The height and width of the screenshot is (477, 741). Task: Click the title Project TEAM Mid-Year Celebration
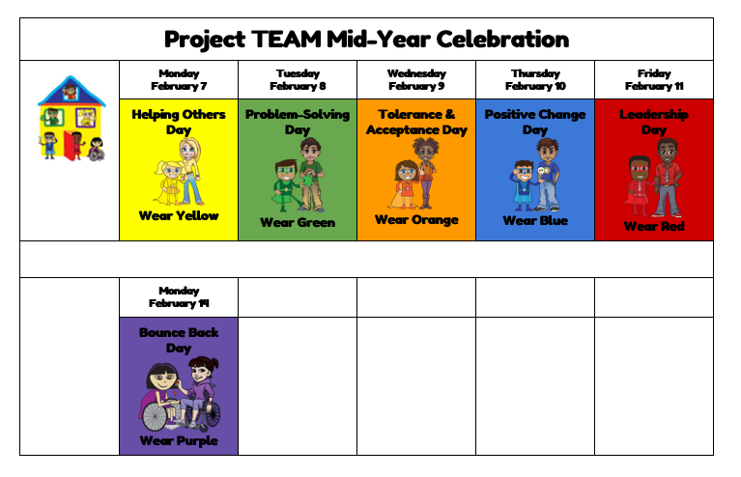point(366,40)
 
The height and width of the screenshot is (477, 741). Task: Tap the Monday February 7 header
point(179,80)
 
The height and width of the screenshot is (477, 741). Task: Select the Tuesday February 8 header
point(298,80)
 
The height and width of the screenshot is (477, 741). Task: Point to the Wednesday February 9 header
point(416,80)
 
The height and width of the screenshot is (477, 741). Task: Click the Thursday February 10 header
point(535,80)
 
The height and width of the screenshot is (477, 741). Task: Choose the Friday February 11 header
point(654,80)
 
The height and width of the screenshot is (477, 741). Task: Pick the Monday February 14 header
point(179,297)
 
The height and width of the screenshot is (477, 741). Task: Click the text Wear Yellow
point(179,216)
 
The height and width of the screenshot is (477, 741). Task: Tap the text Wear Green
point(298,222)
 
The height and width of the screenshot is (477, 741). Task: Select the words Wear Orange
point(416,219)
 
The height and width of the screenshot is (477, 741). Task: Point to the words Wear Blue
point(535,220)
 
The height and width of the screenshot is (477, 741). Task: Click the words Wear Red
point(654,226)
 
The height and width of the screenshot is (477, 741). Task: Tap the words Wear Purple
point(179,441)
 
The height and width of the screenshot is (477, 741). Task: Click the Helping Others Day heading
point(179,122)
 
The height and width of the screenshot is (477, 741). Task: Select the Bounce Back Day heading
point(179,340)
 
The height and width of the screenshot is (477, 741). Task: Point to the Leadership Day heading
point(654,122)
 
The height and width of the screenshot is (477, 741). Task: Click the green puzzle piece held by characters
point(308,182)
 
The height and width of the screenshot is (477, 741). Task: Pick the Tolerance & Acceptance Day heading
point(416,122)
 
